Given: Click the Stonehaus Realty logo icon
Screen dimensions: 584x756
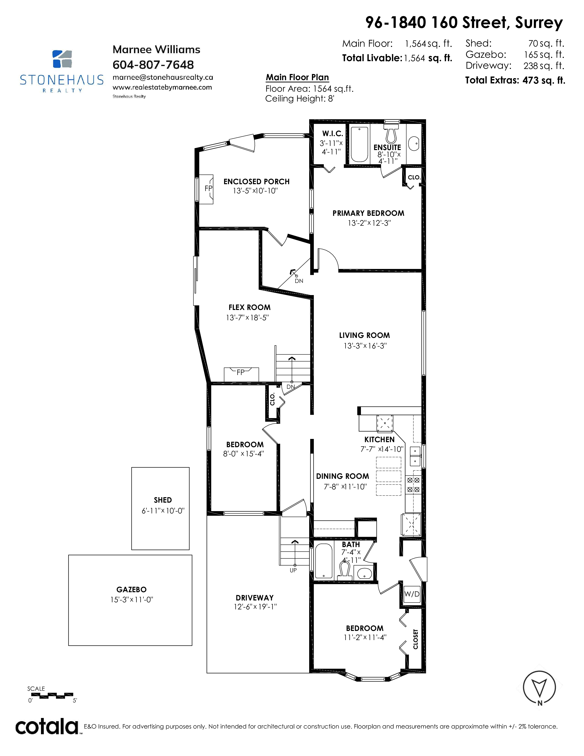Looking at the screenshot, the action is [62, 59].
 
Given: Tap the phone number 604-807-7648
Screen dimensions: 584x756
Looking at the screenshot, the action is [153, 65].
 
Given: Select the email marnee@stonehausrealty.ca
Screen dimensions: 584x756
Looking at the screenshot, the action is [163, 77].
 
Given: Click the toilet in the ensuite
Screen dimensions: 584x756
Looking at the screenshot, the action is [391, 134].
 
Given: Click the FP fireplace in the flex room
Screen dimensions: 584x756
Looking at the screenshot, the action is [241, 374].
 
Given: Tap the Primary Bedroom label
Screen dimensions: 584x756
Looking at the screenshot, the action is [368, 213].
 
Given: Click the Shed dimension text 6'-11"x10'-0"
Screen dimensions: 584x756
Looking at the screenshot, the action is [163, 511].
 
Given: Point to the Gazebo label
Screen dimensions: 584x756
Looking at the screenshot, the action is [131, 589].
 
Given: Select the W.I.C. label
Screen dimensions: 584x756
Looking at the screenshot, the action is [333, 134].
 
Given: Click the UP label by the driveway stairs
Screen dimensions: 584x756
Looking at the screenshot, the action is [293, 570].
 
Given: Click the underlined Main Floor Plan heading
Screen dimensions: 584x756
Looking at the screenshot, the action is [297, 77].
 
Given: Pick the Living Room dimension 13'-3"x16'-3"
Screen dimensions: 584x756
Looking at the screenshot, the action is [365, 346].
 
